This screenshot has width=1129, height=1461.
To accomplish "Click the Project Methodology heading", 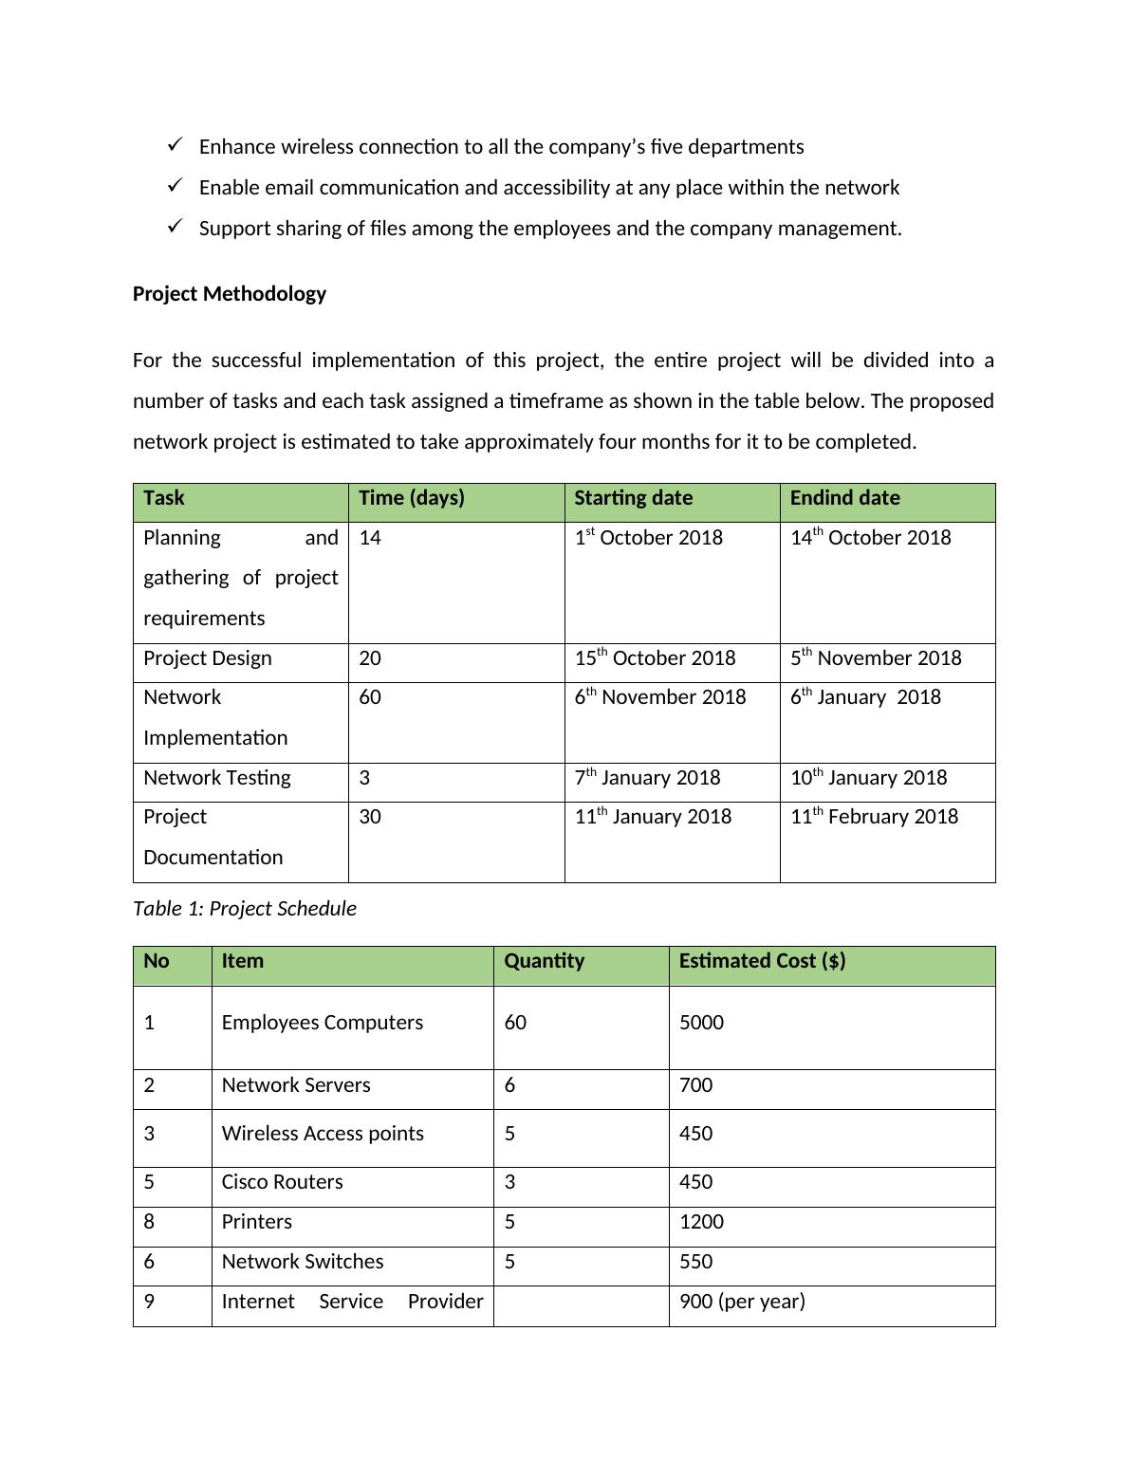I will (229, 294).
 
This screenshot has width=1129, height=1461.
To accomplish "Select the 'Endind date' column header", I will (844, 498).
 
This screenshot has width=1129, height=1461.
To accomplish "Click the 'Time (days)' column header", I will (412, 498).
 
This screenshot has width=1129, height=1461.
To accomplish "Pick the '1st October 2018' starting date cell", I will (649, 538).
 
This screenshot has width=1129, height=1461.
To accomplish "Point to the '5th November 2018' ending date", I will (876, 658).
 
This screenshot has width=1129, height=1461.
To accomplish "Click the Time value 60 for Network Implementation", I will (370, 697).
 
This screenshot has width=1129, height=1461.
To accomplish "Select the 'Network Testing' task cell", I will (217, 778).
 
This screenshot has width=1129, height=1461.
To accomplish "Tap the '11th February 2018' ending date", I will (874, 817).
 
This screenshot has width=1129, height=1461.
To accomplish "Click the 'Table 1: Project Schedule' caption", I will (245, 909).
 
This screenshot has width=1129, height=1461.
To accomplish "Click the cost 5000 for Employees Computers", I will (701, 1023).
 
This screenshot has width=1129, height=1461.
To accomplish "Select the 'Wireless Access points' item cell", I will (323, 1134).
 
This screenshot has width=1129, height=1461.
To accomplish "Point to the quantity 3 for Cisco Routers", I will (509, 1182).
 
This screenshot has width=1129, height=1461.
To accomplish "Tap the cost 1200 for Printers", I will (701, 1222).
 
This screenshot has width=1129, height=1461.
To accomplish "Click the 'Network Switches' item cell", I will (303, 1262).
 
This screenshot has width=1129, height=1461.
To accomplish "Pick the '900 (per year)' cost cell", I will (742, 1302).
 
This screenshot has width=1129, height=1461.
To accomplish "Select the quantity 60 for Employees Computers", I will (515, 1023).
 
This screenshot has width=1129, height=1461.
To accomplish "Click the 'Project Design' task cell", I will (208, 658).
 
